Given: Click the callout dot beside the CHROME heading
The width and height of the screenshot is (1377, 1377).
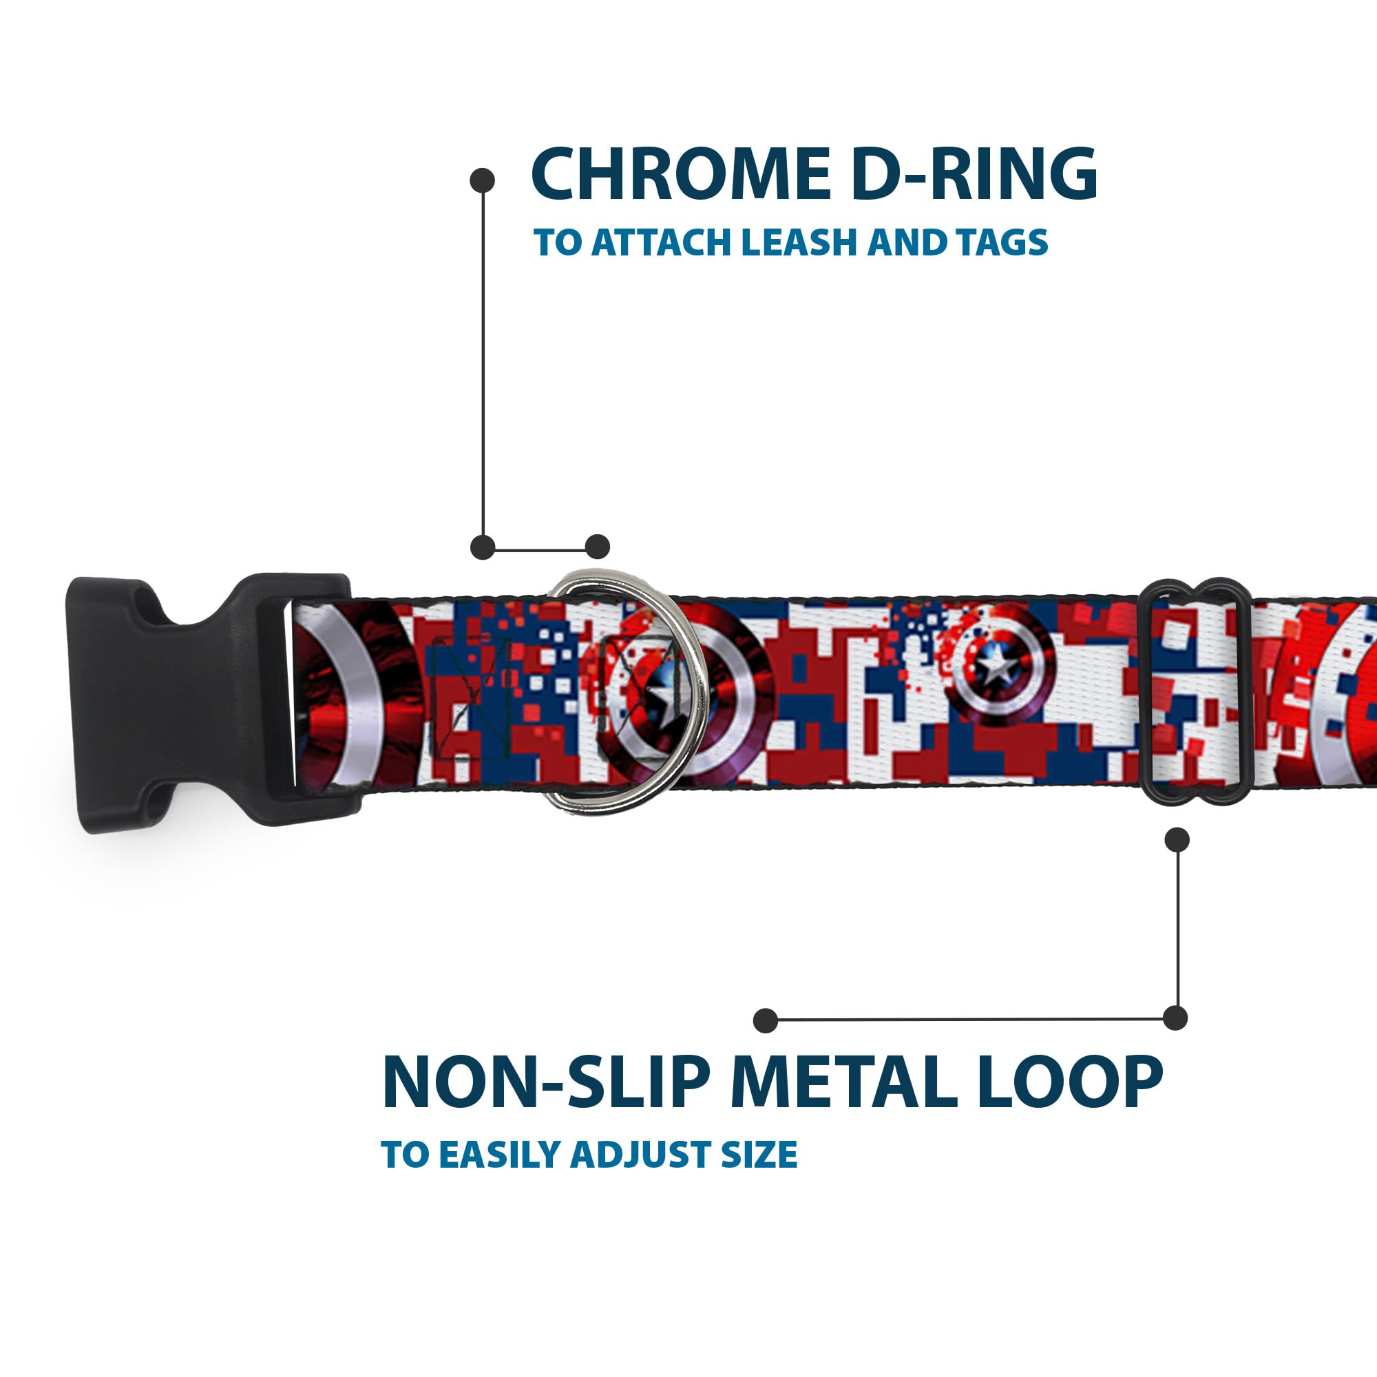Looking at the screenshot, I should click(483, 180).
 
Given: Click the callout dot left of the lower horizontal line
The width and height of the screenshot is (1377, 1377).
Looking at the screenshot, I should click(766, 1020).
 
